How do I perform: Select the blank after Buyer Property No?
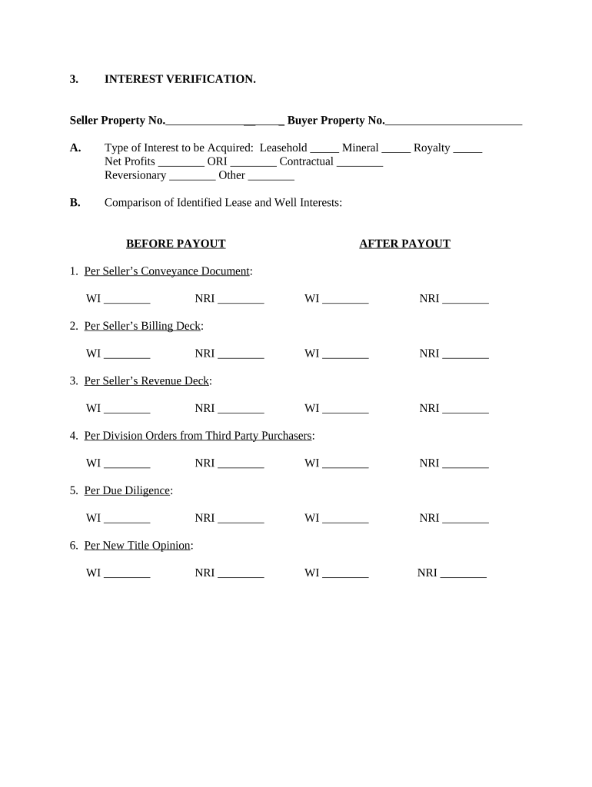click(x=454, y=121)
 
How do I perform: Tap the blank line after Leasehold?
click(x=324, y=148)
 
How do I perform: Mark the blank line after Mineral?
click(x=396, y=148)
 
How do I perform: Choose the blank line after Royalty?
click(x=467, y=148)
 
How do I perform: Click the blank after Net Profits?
click(x=181, y=162)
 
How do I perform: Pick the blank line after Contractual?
click(x=360, y=162)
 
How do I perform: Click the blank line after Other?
click(x=271, y=176)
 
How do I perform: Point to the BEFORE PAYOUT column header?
click(x=175, y=244)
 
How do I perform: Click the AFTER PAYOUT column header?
click(x=404, y=244)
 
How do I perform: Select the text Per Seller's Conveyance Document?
click(x=167, y=271)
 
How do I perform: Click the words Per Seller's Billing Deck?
click(x=142, y=326)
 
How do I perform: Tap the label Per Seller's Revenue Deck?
click(x=146, y=380)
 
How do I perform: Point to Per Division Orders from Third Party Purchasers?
click(x=198, y=435)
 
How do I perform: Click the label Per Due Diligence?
click(x=127, y=490)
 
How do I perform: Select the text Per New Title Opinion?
click(x=137, y=546)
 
